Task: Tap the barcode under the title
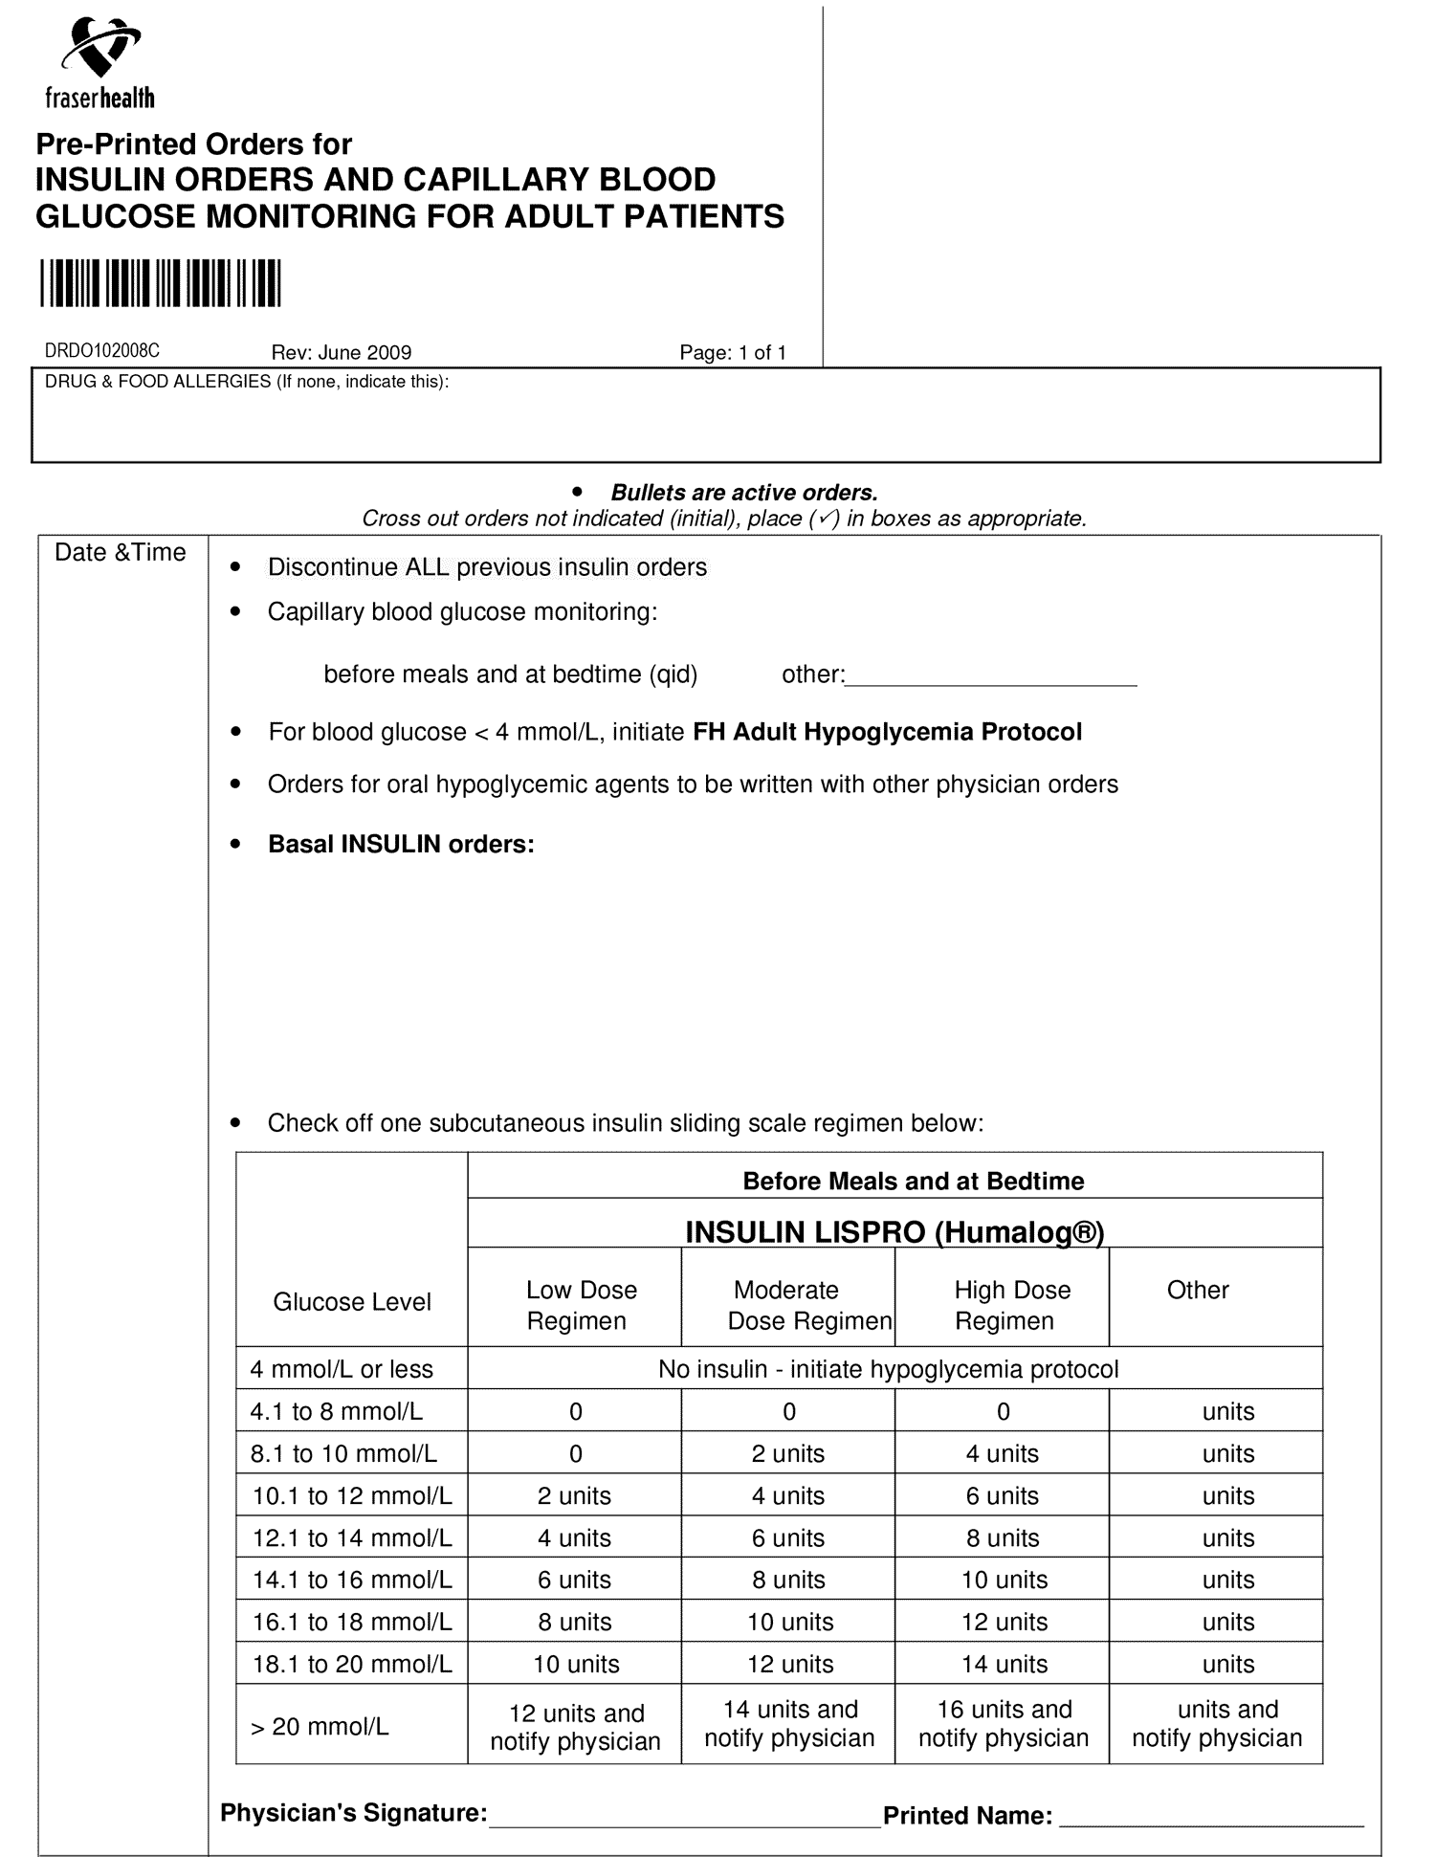coord(160,283)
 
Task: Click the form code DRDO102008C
coord(102,352)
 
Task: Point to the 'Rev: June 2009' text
coord(342,353)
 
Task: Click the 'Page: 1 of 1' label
coord(733,353)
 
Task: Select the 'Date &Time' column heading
coord(121,553)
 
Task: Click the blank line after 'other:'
coord(991,679)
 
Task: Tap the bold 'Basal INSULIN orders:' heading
coord(401,845)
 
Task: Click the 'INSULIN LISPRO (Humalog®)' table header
coord(894,1232)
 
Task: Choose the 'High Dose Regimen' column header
coord(1006,1305)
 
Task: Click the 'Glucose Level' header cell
coord(352,1302)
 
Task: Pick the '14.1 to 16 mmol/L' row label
coord(352,1580)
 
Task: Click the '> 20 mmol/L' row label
coord(320,1727)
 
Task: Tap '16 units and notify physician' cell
coord(1004,1724)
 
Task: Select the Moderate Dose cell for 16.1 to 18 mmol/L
coord(790,1622)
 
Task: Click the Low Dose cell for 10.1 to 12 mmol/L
coord(575,1495)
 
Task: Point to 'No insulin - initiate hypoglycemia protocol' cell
coord(888,1369)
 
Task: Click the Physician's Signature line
coord(684,1819)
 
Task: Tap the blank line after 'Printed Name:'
coord(1210,1819)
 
